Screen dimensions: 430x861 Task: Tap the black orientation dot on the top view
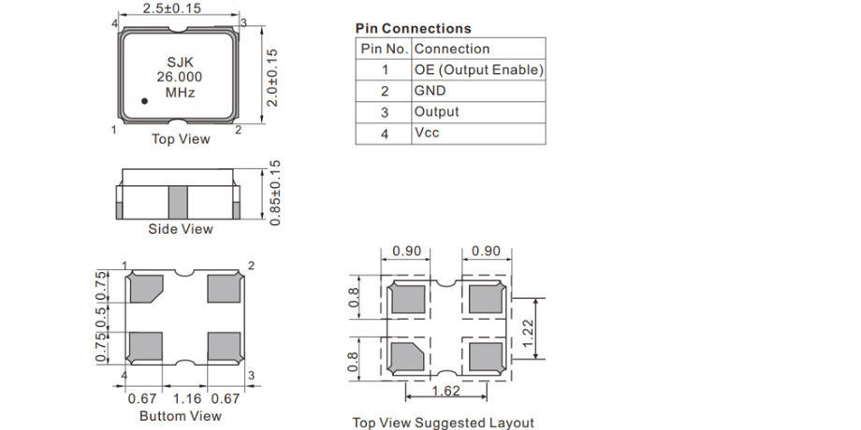point(145,99)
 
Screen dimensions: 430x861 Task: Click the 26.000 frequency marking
point(180,77)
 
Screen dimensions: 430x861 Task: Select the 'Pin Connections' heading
point(414,28)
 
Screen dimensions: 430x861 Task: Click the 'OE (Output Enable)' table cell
point(478,70)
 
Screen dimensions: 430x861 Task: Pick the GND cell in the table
point(430,91)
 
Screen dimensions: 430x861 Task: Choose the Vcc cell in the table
point(427,133)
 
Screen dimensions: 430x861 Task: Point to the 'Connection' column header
point(452,49)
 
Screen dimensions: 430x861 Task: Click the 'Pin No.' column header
point(384,49)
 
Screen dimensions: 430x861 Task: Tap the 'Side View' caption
point(181,229)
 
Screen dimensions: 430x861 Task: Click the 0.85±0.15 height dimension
point(274,192)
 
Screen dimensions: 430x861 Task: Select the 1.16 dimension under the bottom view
point(186,399)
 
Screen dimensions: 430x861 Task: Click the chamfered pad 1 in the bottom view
point(146,288)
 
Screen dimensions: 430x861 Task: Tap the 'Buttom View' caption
point(181,415)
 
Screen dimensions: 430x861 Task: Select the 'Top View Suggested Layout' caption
point(443,423)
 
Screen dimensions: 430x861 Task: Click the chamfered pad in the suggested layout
point(407,356)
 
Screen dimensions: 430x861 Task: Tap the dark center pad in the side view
point(179,201)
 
